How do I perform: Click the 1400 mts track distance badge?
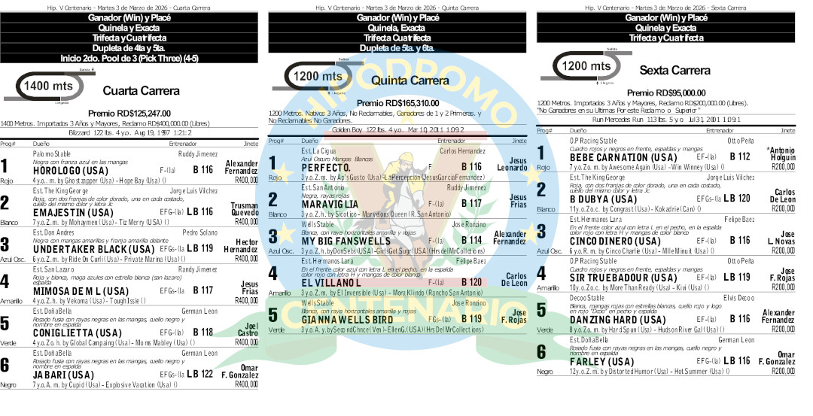tap(48, 87)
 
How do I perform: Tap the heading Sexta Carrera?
tap(674, 71)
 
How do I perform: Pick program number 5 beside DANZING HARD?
tap(540, 311)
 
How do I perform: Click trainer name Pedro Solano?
tap(199, 232)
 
